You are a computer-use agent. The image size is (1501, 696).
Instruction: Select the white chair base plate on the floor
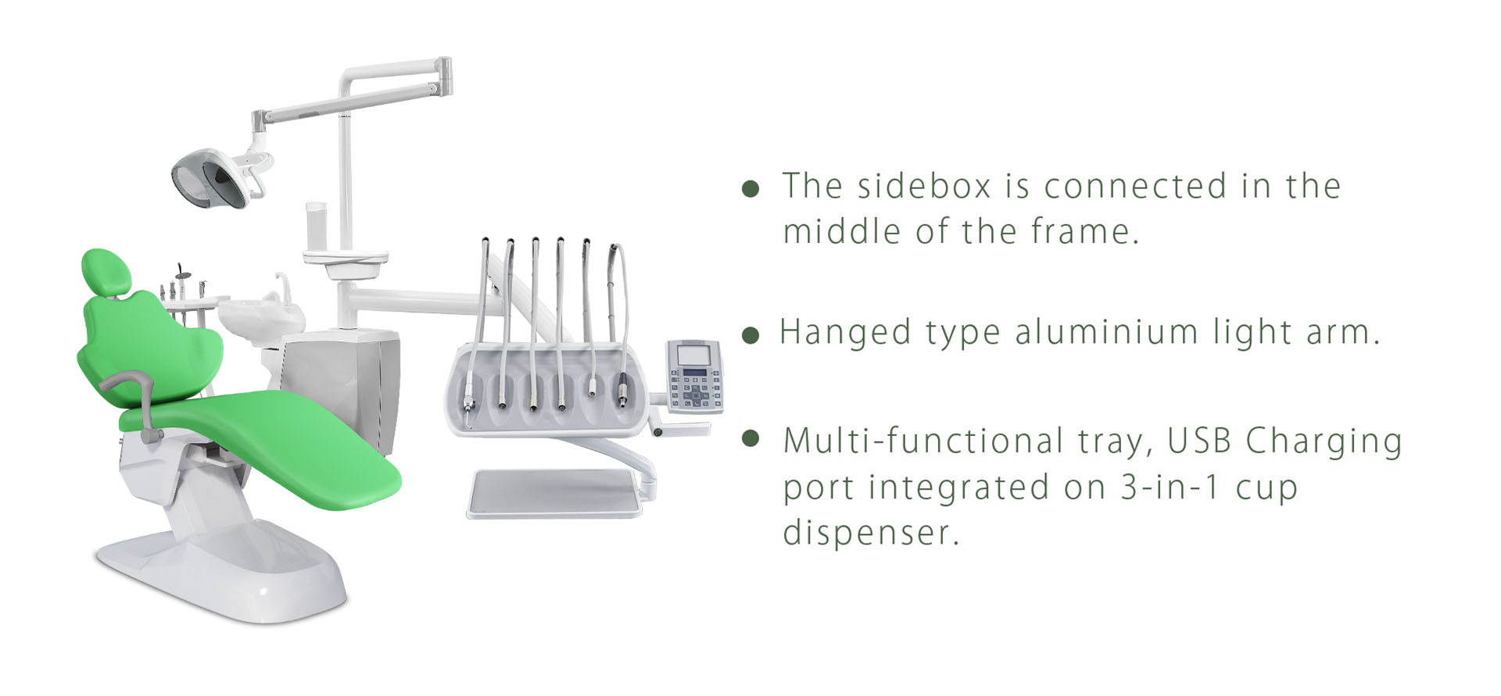point(221,574)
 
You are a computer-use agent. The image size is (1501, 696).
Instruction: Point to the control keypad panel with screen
point(693,376)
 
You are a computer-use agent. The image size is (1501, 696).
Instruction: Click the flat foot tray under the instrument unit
point(553,493)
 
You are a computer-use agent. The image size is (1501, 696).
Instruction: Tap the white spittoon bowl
point(262,314)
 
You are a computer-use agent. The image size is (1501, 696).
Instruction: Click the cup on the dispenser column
point(316,228)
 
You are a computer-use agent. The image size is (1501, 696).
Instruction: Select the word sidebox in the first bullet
point(924,186)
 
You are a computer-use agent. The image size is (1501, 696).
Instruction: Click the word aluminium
point(1106,332)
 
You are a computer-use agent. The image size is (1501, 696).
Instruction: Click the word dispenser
point(871,534)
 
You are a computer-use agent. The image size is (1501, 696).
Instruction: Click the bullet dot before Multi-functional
point(750,438)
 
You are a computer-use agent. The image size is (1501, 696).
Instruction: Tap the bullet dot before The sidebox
point(750,189)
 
